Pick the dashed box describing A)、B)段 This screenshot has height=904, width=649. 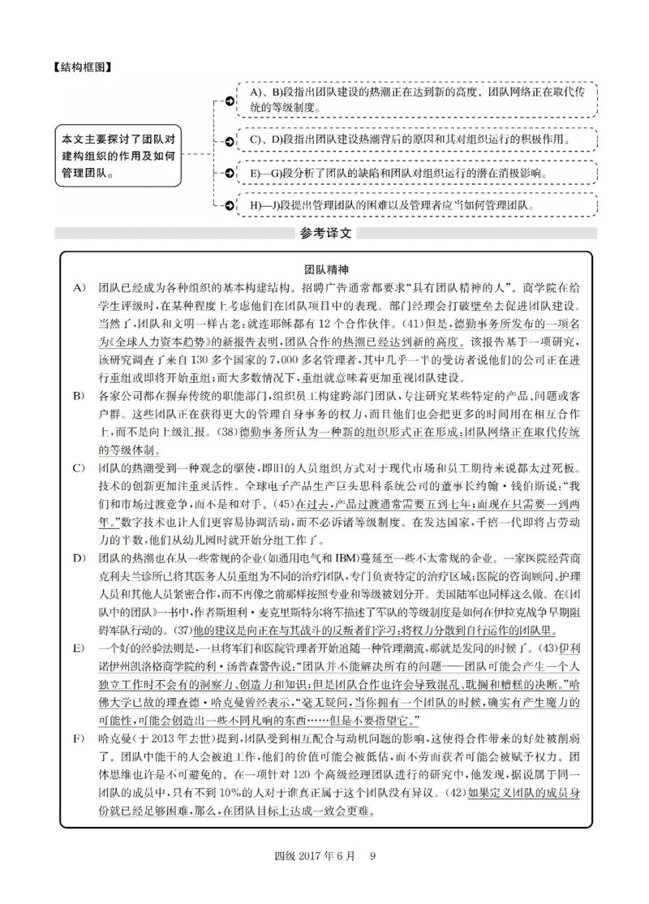tap(418, 100)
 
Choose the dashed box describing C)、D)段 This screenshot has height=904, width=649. tap(418, 140)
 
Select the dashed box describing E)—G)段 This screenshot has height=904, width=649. tap(418, 173)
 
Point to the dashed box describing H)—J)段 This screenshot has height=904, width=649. tap(418, 206)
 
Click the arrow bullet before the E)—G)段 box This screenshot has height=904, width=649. tap(230, 173)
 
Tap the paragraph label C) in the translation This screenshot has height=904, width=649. tap(78, 468)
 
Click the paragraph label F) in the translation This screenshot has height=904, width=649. tap(78, 739)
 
